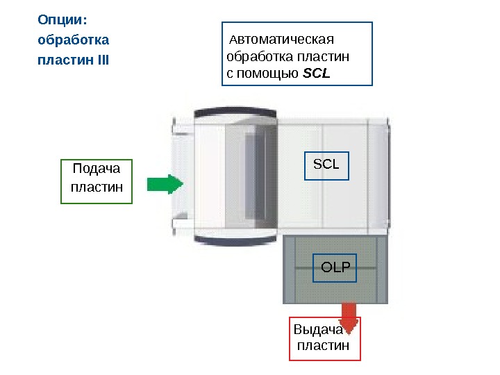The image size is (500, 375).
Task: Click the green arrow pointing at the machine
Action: click(165, 184)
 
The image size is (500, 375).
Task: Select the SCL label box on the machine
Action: click(326, 165)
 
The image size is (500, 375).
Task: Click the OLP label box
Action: click(336, 267)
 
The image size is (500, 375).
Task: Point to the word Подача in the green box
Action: click(97, 169)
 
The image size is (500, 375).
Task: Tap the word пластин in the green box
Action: click(97, 187)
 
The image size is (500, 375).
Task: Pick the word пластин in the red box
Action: click(324, 346)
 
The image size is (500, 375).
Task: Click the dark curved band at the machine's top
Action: click(236, 112)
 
